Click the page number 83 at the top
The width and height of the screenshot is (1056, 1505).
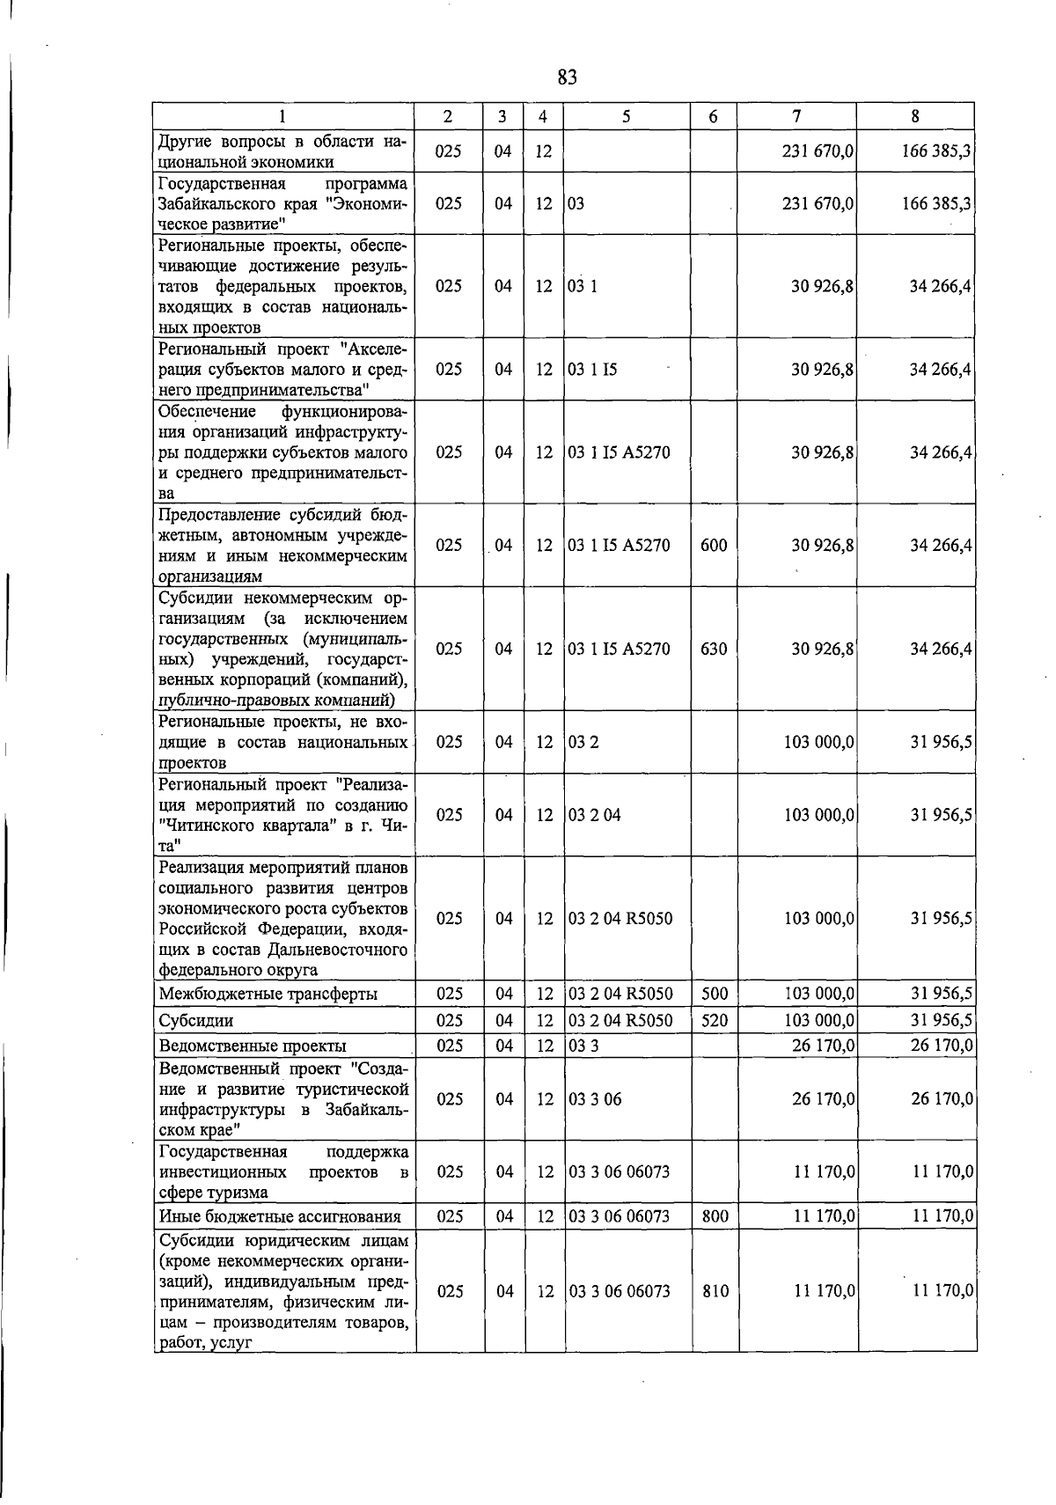(x=567, y=77)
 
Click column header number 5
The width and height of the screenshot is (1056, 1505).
(x=626, y=116)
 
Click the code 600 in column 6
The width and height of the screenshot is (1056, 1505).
(x=714, y=546)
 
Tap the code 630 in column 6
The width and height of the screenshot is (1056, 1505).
(x=714, y=650)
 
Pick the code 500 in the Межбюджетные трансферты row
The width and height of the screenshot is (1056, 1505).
(x=714, y=995)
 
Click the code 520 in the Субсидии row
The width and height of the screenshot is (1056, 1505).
(x=714, y=1021)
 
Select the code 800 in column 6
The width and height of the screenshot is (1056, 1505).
(x=714, y=1217)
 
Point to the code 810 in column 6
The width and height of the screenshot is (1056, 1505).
(x=714, y=1292)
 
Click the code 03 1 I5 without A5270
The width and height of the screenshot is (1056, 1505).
(x=592, y=370)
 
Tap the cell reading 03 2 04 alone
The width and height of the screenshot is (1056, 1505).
(x=594, y=815)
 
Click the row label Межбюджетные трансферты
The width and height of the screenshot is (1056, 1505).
(x=268, y=995)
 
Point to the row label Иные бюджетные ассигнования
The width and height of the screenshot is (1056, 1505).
(x=279, y=1217)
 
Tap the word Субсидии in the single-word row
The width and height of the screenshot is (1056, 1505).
(x=195, y=1021)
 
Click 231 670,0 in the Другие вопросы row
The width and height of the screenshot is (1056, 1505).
(x=818, y=151)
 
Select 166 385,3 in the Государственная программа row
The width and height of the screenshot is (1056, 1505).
(x=936, y=204)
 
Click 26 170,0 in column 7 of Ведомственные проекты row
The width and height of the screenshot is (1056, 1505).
(x=823, y=1046)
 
